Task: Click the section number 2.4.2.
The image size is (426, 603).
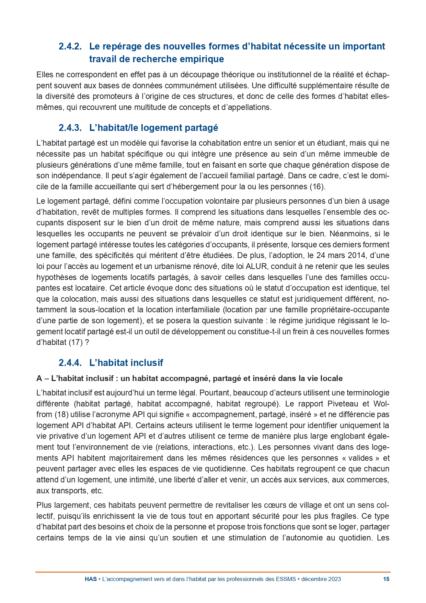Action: tap(70, 46)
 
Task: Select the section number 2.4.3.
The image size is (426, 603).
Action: tap(70, 128)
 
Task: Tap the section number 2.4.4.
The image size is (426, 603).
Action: tap(70, 363)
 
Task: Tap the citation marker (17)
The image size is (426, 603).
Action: tap(75, 342)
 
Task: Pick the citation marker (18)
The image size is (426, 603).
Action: tap(61, 414)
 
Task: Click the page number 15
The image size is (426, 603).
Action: tap(386, 579)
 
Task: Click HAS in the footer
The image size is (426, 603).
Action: tap(91, 579)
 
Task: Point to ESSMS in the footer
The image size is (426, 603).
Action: tap(286, 579)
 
